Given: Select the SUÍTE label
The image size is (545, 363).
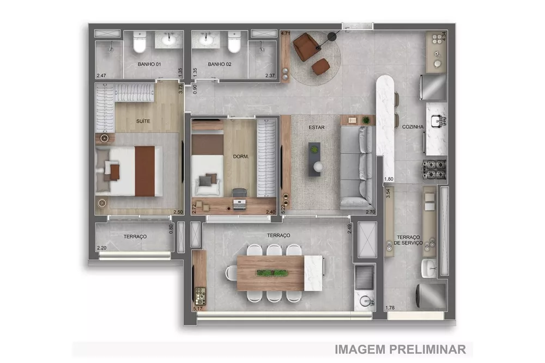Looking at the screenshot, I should (x=143, y=121).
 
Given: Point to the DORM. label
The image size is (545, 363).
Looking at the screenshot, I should (x=240, y=157).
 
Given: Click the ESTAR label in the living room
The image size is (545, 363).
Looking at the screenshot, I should (x=316, y=128).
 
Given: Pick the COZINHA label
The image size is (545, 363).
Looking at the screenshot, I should (x=413, y=126).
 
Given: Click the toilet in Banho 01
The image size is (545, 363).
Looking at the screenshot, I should (x=140, y=44).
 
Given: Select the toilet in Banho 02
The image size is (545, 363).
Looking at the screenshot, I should (x=234, y=44).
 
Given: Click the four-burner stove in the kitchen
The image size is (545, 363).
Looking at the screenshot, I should (x=434, y=170).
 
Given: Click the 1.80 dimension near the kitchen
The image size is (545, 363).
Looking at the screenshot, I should (x=389, y=179).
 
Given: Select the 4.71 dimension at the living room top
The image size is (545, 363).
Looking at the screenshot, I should (x=285, y=34).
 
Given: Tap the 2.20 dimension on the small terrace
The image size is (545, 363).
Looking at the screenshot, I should (x=101, y=248).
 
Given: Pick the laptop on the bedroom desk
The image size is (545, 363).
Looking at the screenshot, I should (x=239, y=204).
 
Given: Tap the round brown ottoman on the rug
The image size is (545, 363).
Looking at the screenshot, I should (x=320, y=66).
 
